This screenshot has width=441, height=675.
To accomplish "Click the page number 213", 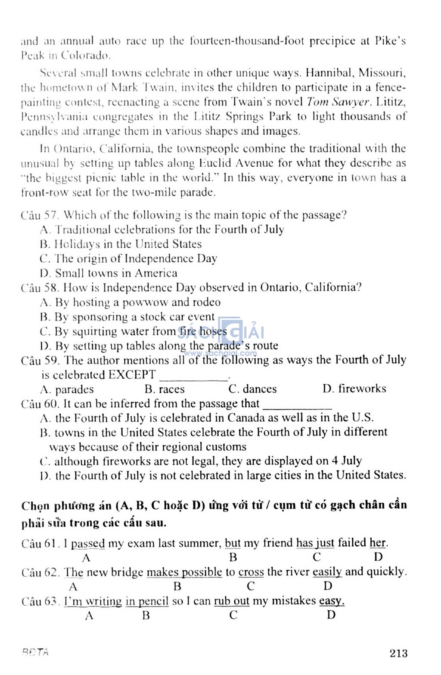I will (398, 653).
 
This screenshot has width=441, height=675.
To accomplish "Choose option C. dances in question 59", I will (253, 389).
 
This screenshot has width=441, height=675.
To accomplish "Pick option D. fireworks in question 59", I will (354, 389).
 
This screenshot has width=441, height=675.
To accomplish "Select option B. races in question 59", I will (165, 389).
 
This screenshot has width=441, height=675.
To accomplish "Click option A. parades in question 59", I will (67, 389).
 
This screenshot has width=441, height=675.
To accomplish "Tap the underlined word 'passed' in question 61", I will (88, 543).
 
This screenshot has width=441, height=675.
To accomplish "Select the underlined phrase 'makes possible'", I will (184, 572).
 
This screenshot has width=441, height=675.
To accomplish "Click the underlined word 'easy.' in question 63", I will (332, 601).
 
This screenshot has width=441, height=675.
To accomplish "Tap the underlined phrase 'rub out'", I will (232, 601).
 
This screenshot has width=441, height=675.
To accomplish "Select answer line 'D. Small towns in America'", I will (108, 273).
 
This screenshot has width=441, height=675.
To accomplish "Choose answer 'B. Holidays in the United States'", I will (121, 244).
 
